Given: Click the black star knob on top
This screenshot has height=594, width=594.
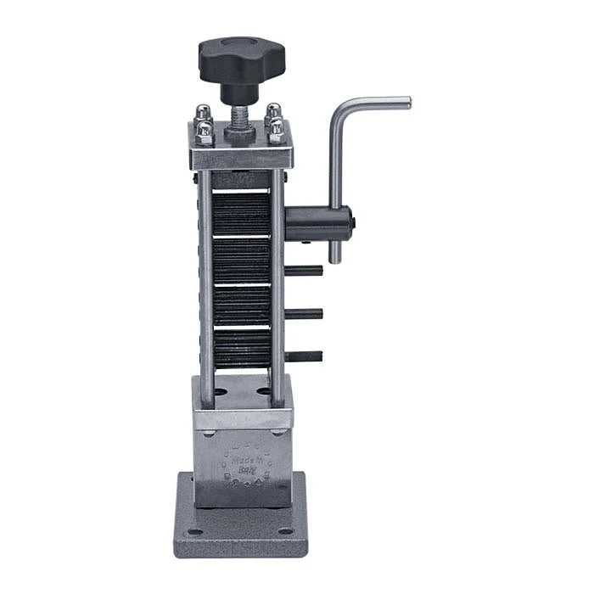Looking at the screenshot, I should coord(242,58).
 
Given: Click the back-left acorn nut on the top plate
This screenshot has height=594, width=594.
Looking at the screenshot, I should coord(203,112).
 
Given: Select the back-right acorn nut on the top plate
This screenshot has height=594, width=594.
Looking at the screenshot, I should coord(273,111).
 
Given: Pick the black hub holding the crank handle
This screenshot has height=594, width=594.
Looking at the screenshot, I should coord(317,224).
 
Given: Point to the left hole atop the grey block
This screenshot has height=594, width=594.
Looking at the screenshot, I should coord(220,393).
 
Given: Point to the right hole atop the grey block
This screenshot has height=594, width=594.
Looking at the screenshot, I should coord(264,393).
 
